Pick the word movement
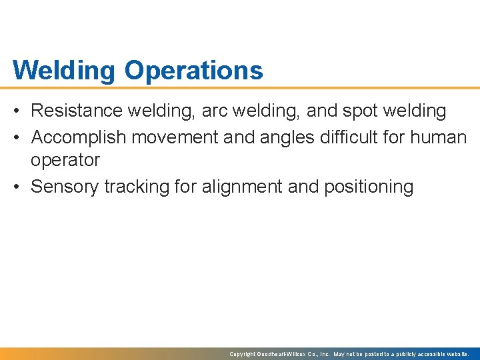(x=175, y=137)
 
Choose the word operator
(x=65, y=161)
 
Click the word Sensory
(x=65, y=187)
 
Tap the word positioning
(x=369, y=187)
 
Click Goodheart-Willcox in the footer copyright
(x=284, y=354)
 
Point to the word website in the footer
(x=455, y=354)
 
